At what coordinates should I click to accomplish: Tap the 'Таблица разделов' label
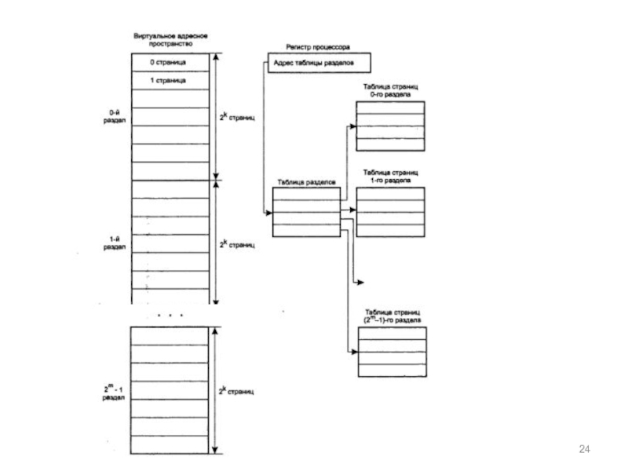point(306,182)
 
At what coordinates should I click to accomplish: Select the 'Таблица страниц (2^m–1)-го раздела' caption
point(392,316)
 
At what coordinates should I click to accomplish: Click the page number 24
point(582,448)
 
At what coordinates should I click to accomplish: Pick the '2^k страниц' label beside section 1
point(237,244)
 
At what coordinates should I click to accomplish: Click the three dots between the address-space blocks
point(170,315)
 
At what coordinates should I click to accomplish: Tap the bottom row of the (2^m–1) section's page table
point(392,371)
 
